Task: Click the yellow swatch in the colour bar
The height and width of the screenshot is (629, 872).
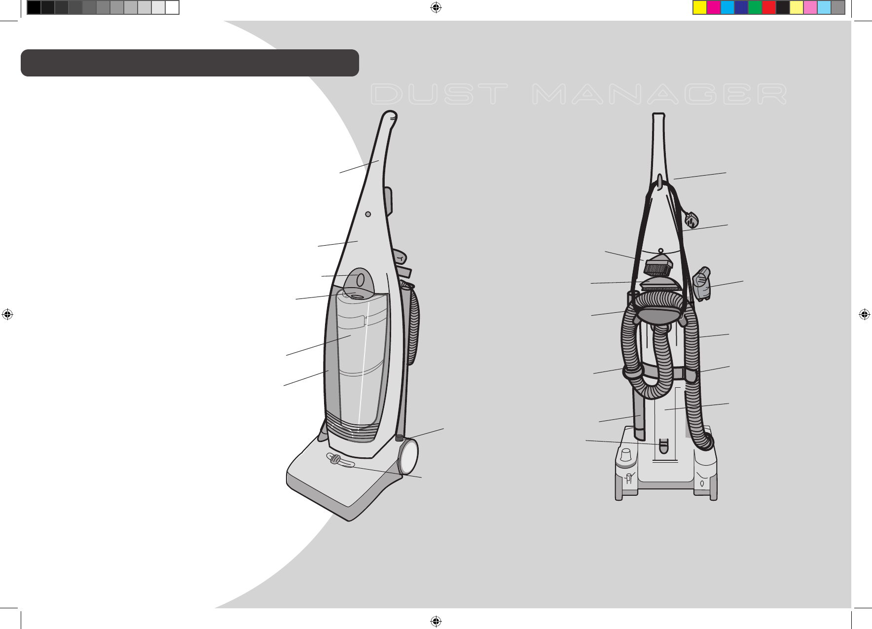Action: click(699, 7)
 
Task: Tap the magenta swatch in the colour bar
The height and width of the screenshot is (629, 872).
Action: click(713, 7)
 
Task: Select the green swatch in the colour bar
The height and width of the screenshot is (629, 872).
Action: click(755, 7)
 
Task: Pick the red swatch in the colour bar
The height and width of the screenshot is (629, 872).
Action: click(768, 7)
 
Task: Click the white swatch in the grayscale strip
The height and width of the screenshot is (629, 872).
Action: click(172, 7)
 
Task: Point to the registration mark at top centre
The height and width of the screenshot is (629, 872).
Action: click(436, 7)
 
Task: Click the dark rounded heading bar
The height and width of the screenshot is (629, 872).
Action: click(189, 63)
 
